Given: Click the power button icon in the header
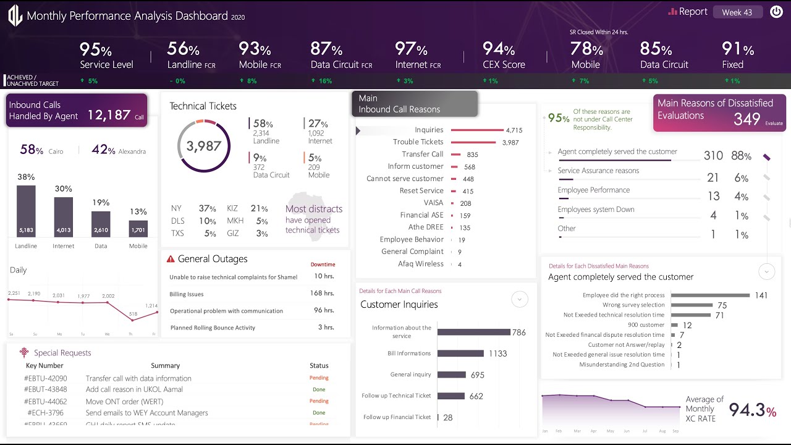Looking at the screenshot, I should click(776, 12).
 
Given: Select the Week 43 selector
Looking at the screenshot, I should click(737, 12).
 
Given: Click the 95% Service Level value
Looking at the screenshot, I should click(95, 49).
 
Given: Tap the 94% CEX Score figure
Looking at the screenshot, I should click(499, 49).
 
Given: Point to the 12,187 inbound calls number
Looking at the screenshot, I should click(109, 115).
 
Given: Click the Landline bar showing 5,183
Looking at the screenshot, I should click(26, 211).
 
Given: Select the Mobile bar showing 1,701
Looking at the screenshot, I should click(138, 228).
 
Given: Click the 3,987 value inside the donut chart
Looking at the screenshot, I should click(203, 146).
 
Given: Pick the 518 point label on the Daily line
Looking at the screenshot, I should click(133, 314).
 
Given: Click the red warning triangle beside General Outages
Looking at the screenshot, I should click(171, 259).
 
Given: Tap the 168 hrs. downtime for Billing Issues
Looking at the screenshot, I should click(322, 294).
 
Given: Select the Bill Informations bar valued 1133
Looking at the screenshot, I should click(460, 354).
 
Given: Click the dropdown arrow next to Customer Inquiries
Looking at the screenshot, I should click(520, 300).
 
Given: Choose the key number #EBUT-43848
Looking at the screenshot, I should click(46, 389).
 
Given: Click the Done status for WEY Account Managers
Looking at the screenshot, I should click(319, 413).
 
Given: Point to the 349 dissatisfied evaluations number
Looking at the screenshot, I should click(747, 119).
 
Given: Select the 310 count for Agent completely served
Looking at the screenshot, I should click(713, 156).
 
